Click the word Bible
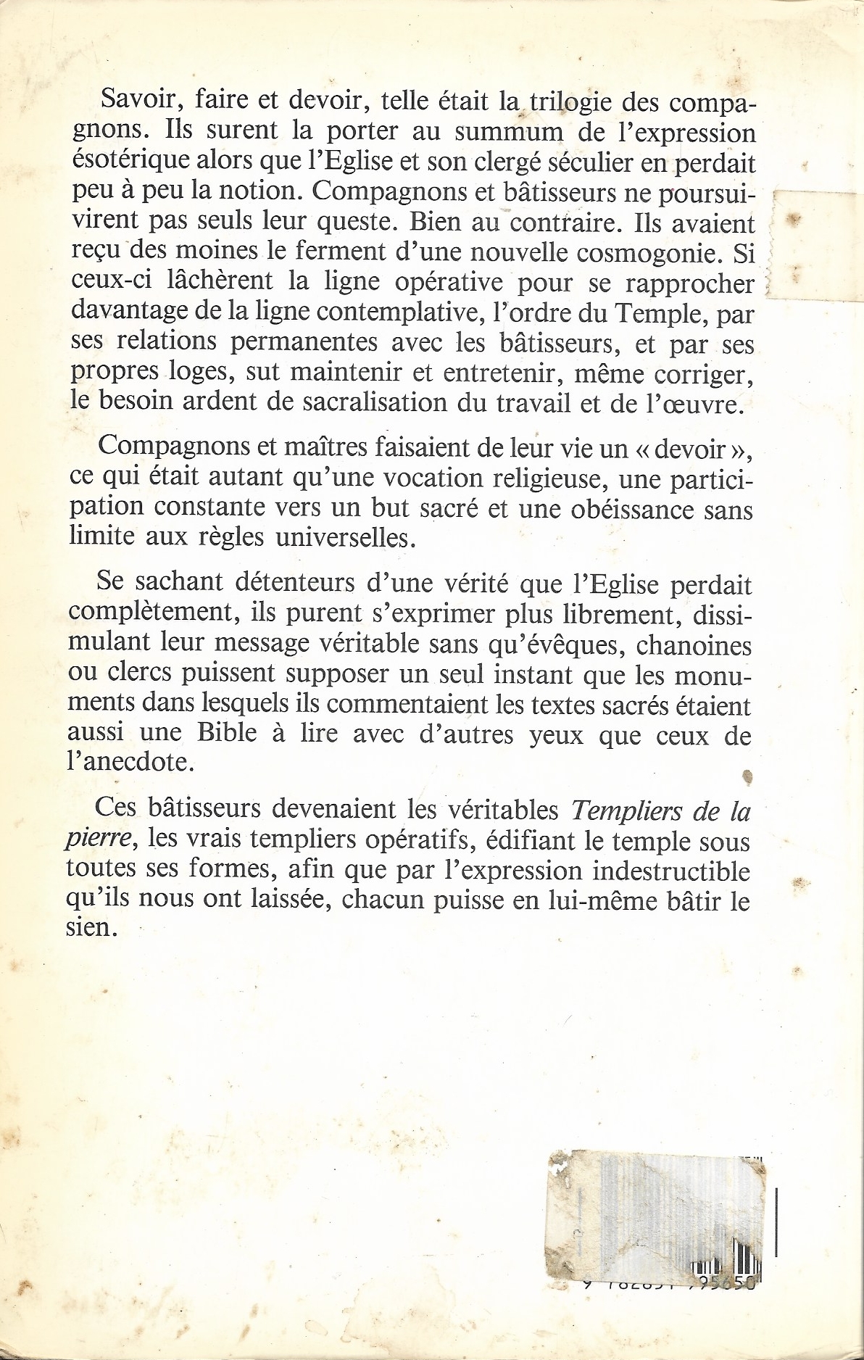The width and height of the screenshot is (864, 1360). pos(227,734)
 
